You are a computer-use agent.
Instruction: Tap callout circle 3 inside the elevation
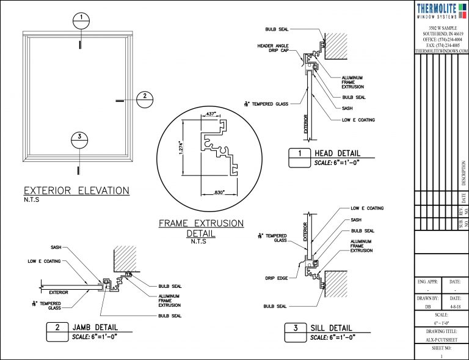[x=80, y=139]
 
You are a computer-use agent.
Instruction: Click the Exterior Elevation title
[x=76, y=190]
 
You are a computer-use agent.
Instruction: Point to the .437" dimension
[x=210, y=114]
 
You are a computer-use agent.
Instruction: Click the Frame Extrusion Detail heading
[x=201, y=228]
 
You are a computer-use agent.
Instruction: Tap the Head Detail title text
[x=337, y=153]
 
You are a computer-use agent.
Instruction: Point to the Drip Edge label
[x=277, y=278]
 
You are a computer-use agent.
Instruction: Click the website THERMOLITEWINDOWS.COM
[x=441, y=51]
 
